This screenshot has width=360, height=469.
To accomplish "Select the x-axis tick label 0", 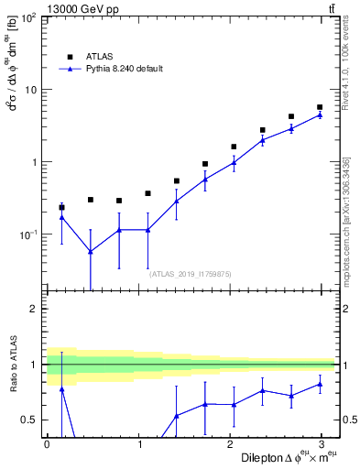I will click(47, 442).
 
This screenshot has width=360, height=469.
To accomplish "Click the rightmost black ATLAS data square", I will click(320, 107).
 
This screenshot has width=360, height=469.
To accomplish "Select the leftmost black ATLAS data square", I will click(61, 207).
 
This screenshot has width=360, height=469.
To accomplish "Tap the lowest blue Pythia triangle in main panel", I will click(91, 251).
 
